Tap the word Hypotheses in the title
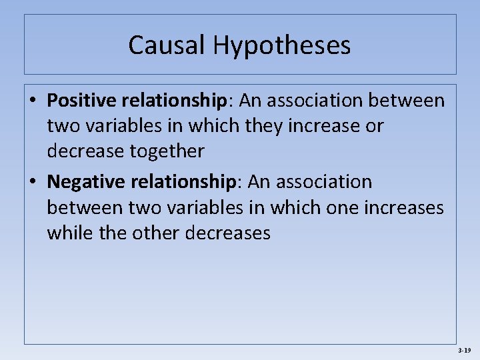coord(282,46)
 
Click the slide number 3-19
coord(465,350)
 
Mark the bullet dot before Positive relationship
coord(33,101)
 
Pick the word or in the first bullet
coord(374,126)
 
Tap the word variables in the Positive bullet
coord(130,126)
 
